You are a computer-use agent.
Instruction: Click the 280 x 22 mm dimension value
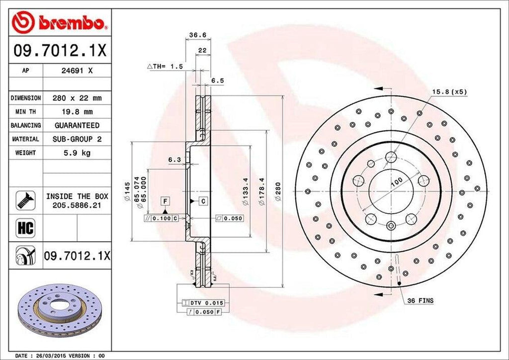tap(77, 98)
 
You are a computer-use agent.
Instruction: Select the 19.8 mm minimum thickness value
tap(77, 112)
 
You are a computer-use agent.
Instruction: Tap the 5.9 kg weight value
tap(77, 153)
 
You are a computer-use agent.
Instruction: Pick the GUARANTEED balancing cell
tap(77, 125)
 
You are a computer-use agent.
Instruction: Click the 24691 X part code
tap(77, 71)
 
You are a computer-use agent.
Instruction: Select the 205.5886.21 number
tap(77, 204)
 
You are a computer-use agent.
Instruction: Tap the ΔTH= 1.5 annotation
tap(165, 66)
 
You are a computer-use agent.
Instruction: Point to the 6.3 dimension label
tap(174, 160)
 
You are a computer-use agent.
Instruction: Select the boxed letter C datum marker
tap(203, 201)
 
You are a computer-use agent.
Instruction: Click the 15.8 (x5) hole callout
tap(449, 92)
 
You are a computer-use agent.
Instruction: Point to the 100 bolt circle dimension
tap(396, 182)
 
